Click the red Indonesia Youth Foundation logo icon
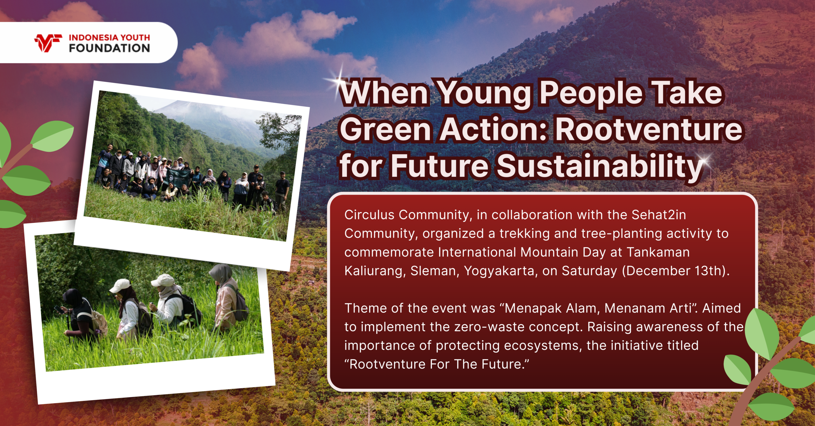coord(48,43)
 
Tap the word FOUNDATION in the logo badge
coord(109,48)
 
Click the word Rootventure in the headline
coord(648,129)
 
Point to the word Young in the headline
coord(484,93)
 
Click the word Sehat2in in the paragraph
coord(659,215)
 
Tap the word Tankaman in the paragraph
coord(658,252)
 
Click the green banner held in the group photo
coord(179,178)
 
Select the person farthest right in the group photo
coord(282,188)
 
